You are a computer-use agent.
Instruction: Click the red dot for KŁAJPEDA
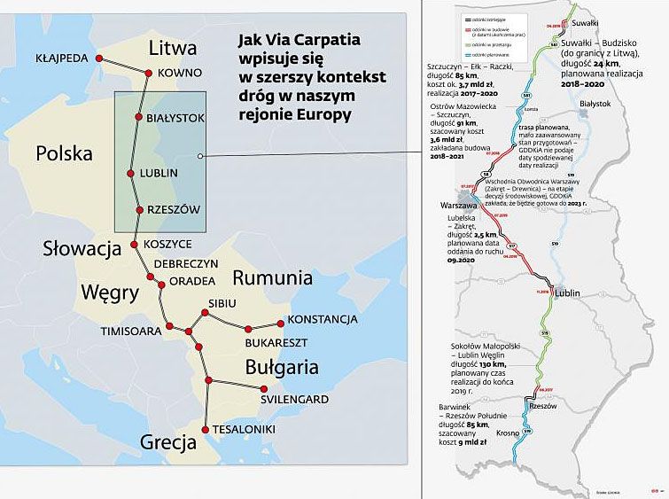(99, 58)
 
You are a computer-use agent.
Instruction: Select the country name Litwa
(172, 47)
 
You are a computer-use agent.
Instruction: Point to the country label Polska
(64, 153)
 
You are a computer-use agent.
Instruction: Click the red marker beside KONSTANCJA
(281, 322)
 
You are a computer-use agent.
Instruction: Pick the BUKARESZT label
(275, 341)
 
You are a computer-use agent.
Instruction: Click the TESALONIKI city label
(244, 430)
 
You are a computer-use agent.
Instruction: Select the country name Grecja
(167, 442)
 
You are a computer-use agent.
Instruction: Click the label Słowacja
(82, 249)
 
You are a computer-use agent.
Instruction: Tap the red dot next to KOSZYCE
(135, 244)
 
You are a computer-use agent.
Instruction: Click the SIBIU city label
(222, 303)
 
